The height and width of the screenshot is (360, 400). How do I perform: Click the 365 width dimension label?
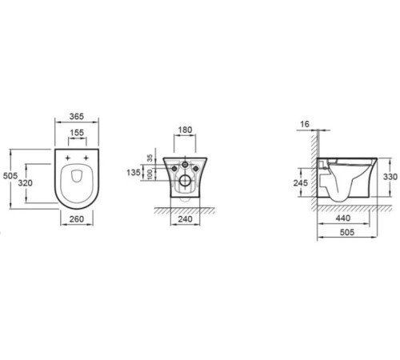77,117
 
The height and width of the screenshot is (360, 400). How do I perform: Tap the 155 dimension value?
77,133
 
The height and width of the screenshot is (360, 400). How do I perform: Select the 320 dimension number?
26,183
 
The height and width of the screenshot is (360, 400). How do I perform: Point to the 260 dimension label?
77,219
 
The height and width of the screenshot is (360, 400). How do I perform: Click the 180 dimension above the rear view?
185,130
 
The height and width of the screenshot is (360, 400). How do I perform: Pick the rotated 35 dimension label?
150,158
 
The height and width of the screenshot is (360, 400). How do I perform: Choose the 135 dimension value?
134,173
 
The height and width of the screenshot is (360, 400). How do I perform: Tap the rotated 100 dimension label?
150,174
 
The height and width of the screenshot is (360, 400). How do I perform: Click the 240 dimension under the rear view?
185,219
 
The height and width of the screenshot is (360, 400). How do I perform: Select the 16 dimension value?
305,124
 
